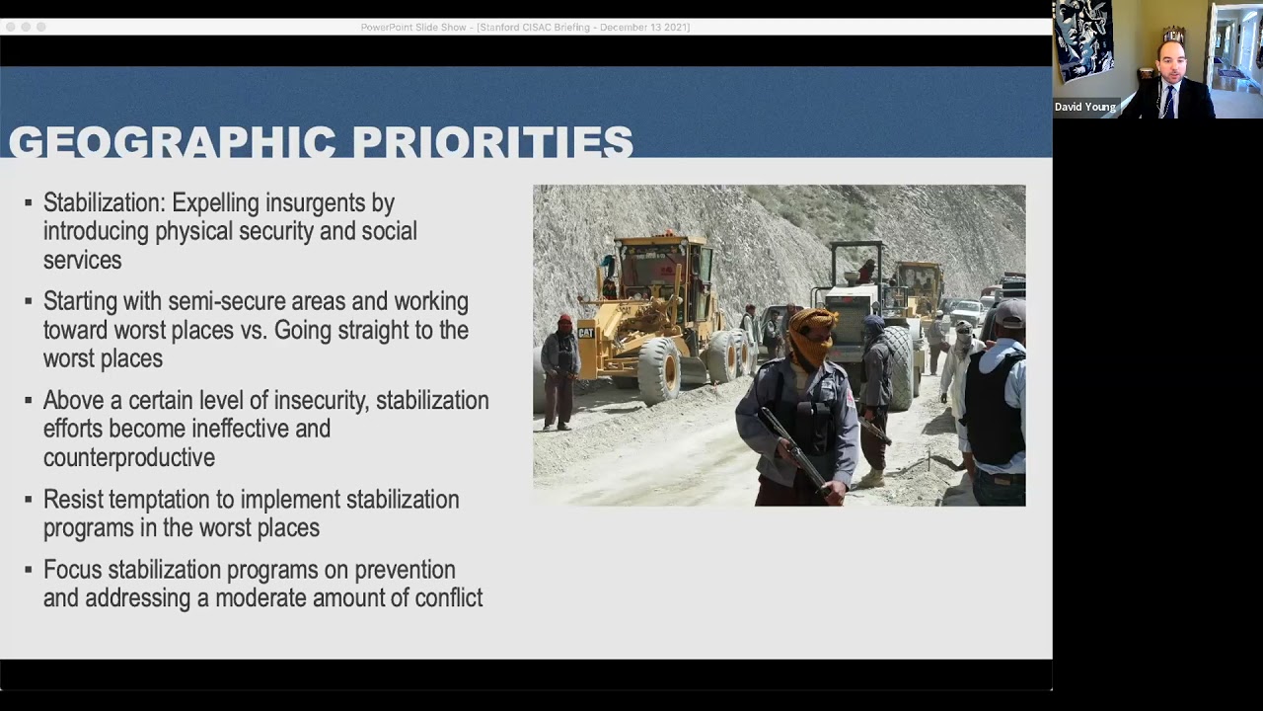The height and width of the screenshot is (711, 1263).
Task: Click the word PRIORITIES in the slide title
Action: [492, 142]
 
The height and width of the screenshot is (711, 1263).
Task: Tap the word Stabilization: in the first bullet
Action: [104, 203]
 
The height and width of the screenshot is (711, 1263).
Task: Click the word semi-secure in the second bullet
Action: [229, 301]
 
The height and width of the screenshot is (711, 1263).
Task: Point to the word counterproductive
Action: [128, 458]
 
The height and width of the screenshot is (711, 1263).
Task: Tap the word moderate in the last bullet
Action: [260, 598]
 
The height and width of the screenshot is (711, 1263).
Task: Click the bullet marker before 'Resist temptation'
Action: [29, 500]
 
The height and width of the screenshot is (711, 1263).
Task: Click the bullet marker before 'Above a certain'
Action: [29, 401]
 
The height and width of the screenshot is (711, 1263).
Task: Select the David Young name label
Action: [1084, 107]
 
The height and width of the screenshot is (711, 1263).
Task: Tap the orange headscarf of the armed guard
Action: [812, 336]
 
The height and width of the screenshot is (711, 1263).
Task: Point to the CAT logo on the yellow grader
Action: [586, 333]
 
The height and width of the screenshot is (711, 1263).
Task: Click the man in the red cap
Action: [560, 370]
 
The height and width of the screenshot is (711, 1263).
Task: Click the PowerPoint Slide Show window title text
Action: [525, 28]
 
